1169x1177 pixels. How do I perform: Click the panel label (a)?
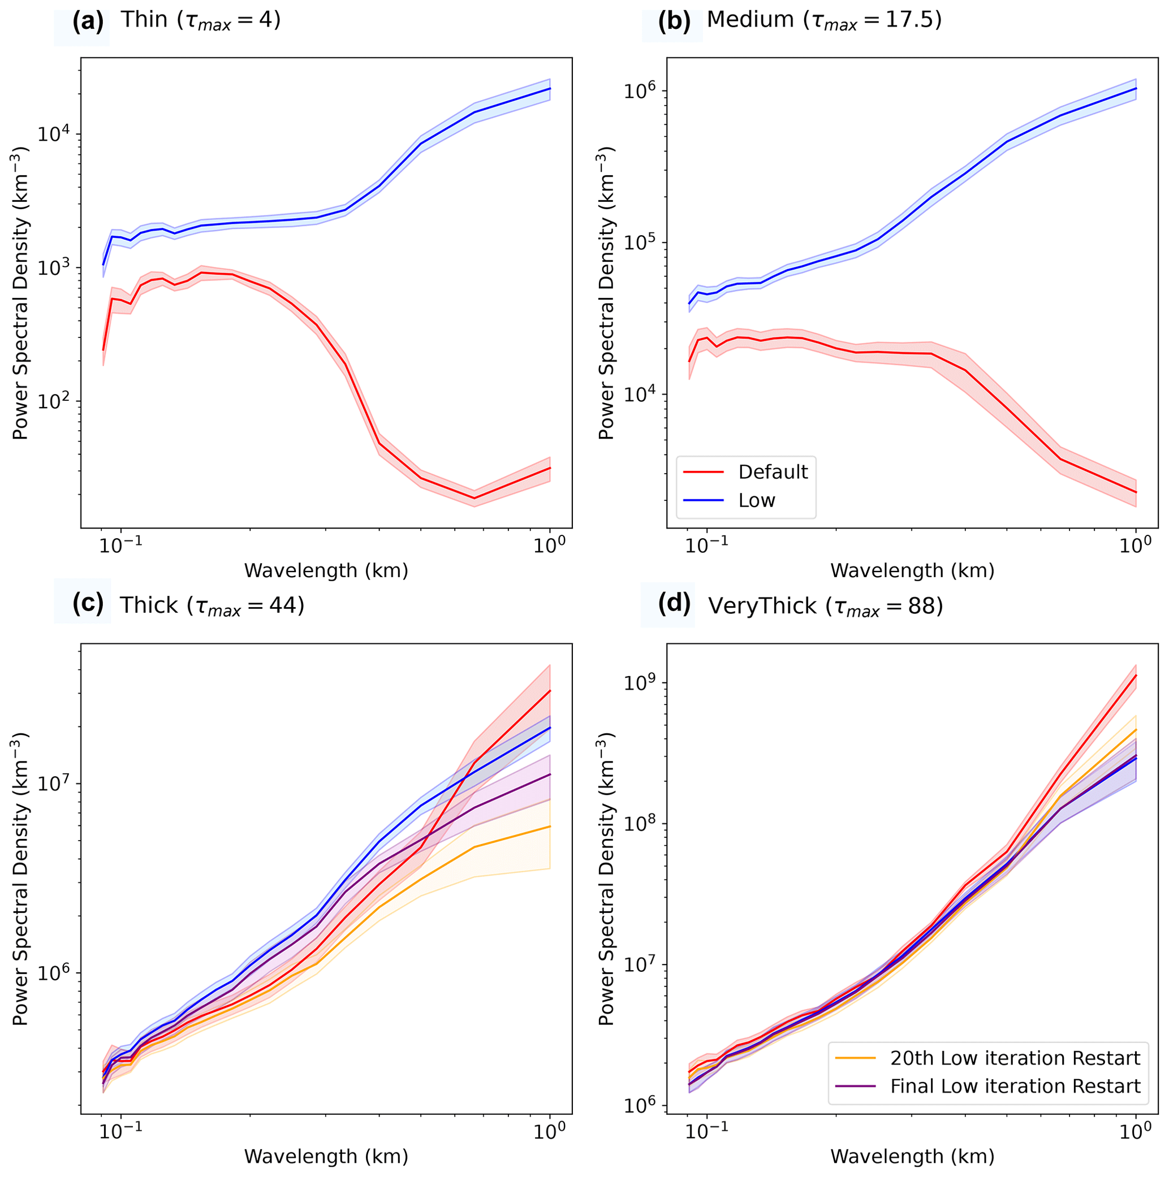click(x=88, y=23)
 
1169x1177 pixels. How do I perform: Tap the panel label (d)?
click(x=674, y=604)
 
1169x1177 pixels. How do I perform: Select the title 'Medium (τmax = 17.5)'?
click(x=824, y=21)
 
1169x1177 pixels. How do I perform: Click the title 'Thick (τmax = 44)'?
click(x=212, y=605)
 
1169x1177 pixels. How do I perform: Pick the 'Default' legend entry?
click(x=772, y=472)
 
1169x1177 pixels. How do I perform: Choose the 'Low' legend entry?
click(x=756, y=501)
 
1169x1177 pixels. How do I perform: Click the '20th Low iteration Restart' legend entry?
click(x=1014, y=1058)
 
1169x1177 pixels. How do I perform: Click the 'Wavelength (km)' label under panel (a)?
click(x=326, y=571)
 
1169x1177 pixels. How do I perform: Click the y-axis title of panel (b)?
click(x=606, y=293)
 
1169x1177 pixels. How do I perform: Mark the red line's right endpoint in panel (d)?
click(x=1136, y=675)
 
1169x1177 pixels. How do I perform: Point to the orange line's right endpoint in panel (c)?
click(x=550, y=827)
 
